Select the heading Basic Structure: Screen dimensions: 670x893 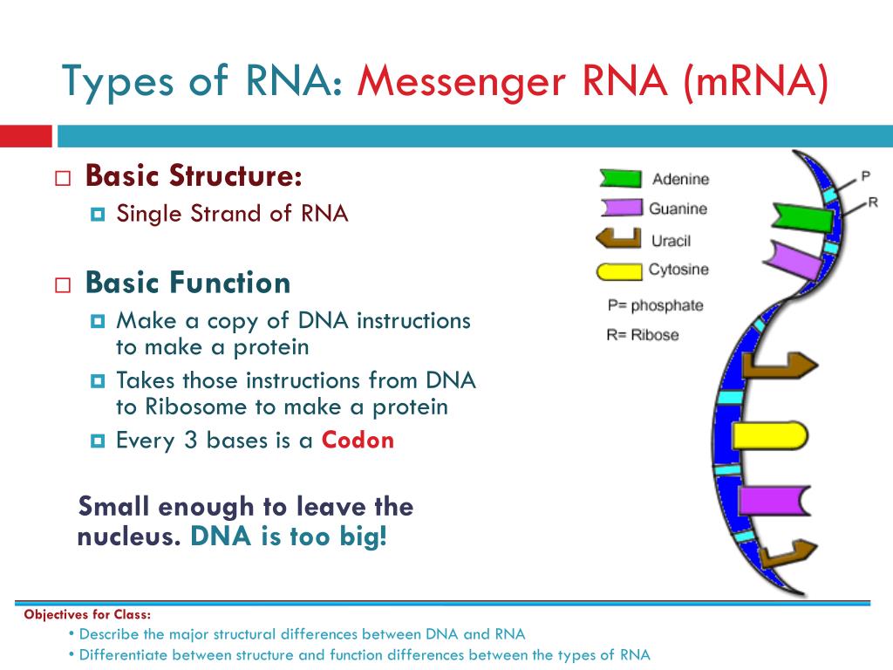pyautogui.click(x=194, y=176)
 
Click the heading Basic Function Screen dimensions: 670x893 pyautogui.click(x=187, y=283)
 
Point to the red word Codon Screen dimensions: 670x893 pyautogui.click(x=358, y=440)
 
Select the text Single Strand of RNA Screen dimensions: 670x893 pyautogui.click(x=232, y=214)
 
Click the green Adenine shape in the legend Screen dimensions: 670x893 pyautogui.click(x=620, y=179)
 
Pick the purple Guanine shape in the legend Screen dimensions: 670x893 pyautogui.click(x=620, y=209)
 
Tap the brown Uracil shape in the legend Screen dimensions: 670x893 pyautogui.click(x=617, y=238)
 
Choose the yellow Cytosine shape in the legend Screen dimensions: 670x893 pyautogui.click(x=618, y=270)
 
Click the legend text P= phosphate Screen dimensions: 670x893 pyautogui.click(x=655, y=305)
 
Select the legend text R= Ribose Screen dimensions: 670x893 pyautogui.click(x=643, y=334)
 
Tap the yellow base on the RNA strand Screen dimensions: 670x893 pyautogui.click(x=769, y=435)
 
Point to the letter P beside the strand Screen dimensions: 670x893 pyautogui.click(x=866, y=176)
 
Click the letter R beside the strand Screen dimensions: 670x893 pyautogui.click(x=873, y=202)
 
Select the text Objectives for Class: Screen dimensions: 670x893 pyautogui.click(x=87, y=614)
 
